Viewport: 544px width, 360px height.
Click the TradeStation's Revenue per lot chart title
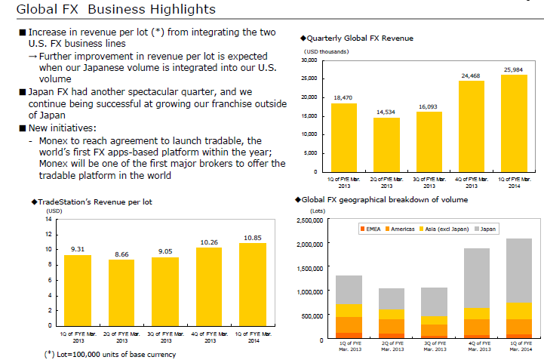[x=93, y=202]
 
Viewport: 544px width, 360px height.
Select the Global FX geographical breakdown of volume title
[x=384, y=199]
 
